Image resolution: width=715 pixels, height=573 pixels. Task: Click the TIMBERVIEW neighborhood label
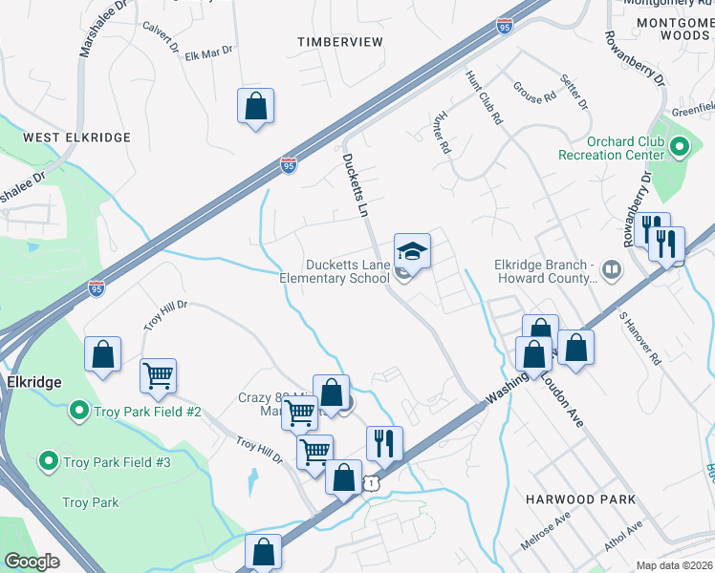(339, 42)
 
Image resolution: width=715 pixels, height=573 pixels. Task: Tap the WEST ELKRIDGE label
(76, 138)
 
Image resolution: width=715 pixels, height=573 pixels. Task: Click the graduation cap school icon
(412, 251)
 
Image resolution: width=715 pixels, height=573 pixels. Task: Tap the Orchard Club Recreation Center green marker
(680, 147)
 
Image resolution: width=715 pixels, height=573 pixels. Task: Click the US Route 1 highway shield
(368, 485)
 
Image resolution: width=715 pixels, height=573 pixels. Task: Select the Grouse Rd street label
(535, 95)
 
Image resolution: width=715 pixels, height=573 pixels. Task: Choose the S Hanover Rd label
(639, 338)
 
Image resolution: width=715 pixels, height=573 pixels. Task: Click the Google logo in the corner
(32, 562)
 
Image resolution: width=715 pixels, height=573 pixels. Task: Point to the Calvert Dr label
(160, 36)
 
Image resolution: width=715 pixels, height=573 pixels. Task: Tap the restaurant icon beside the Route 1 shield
(384, 442)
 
